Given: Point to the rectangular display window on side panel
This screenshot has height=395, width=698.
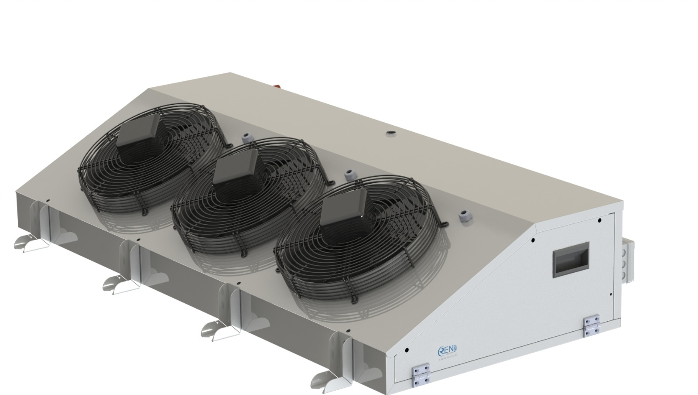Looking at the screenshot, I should point(571,259).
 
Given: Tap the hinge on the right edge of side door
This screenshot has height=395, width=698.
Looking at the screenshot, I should point(591,326).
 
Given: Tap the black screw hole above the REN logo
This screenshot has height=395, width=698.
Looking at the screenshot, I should point(407,350).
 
